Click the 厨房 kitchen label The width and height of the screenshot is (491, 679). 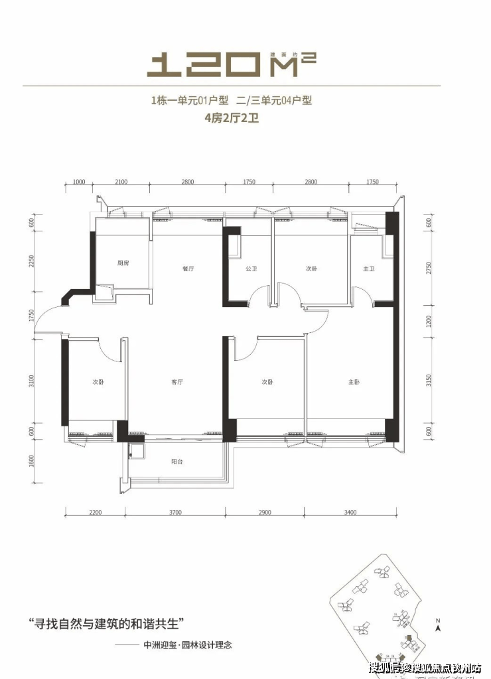point(123,263)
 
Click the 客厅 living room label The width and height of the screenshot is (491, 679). point(176,383)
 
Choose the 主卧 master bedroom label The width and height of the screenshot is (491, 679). point(354,383)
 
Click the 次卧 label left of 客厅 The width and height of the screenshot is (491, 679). point(98,383)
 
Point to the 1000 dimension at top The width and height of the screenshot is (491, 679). point(80,181)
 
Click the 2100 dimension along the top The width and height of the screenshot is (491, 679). point(121,181)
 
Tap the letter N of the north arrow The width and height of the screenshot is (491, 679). point(438,620)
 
